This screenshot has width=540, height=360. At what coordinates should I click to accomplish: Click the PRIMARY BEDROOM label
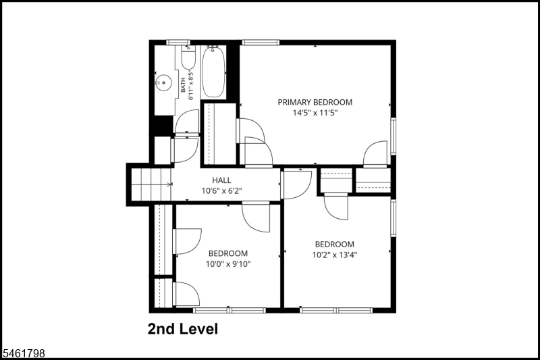point(315,102)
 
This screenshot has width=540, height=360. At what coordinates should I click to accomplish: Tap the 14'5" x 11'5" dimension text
point(315,113)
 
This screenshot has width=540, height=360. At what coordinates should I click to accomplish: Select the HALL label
point(221,180)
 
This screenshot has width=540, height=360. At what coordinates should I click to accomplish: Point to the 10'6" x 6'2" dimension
point(221,190)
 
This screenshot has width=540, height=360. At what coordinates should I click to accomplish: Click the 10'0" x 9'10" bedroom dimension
point(228,264)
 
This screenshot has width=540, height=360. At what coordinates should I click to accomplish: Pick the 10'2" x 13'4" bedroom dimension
point(334,255)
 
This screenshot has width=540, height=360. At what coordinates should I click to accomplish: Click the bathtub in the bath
point(213,72)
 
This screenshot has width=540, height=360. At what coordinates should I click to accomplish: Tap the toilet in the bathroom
point(188,57)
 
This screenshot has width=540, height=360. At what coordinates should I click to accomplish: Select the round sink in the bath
point(163,82)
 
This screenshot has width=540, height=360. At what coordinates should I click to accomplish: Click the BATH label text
point(183,84)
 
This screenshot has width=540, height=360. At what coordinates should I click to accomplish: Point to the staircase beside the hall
point(151,184)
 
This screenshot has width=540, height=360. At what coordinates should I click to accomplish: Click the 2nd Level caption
point(183,329)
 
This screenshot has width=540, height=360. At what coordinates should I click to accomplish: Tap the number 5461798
point(23,353)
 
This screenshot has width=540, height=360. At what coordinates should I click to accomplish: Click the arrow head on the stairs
point(169,184)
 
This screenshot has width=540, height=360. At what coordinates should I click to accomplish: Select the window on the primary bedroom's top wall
point(261,43)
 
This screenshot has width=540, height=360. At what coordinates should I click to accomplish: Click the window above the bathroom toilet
point(178,43)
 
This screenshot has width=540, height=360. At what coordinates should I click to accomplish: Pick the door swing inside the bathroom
point(188,122)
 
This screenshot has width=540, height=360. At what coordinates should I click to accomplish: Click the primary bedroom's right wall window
point(393,136)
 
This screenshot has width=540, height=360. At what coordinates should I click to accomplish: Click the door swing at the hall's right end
point(296,185)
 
